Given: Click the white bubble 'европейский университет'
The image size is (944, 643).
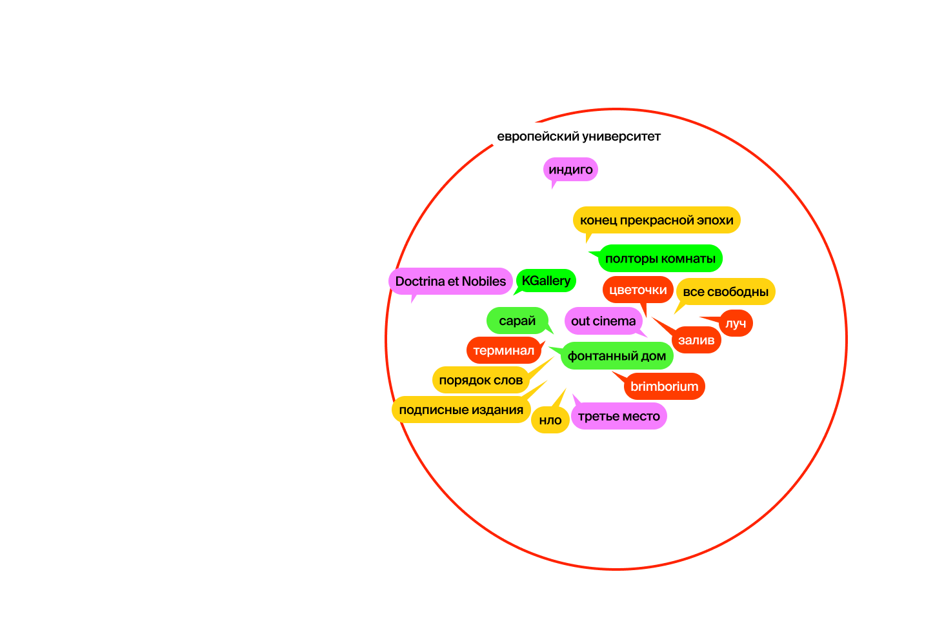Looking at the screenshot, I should (x=579, y=136).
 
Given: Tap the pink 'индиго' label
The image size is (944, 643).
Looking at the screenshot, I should (x=570, y=170).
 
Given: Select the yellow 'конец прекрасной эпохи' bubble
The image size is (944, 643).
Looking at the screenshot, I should (x=656, y=221).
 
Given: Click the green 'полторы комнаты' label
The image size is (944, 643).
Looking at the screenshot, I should (x=660, y=259).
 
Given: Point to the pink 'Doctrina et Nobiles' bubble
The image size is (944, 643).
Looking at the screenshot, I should (x=450, y=281).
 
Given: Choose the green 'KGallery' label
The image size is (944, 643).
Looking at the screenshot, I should (x=546, y=281).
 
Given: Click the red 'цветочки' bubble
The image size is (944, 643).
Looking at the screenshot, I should (x=638, y=290).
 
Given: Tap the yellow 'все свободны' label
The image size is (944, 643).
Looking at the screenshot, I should (x=725, y=292).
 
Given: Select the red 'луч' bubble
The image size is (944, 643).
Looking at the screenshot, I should (x=736, y=323).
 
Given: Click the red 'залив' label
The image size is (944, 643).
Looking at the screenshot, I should (x=696, y=340).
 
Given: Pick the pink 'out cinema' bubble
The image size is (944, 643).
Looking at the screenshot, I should (x=603, y=321).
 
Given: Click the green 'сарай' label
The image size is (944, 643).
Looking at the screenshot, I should (x=517, y=321).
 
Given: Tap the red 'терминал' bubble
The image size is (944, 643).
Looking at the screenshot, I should (x=504, y=350).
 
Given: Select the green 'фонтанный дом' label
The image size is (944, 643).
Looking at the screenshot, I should (x=617, y=356).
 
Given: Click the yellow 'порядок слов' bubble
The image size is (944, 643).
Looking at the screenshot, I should (x=481, y=380).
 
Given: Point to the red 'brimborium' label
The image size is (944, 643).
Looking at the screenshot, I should (x=664, y=386).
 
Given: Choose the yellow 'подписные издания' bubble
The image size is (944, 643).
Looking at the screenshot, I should (x=461, y=410).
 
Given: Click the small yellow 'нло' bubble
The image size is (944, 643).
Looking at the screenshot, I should (x=550, y=420).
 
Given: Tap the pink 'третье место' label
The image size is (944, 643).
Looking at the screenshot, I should (x=619, y=417).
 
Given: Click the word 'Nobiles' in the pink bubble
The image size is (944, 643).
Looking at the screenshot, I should (x=484, y=281).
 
